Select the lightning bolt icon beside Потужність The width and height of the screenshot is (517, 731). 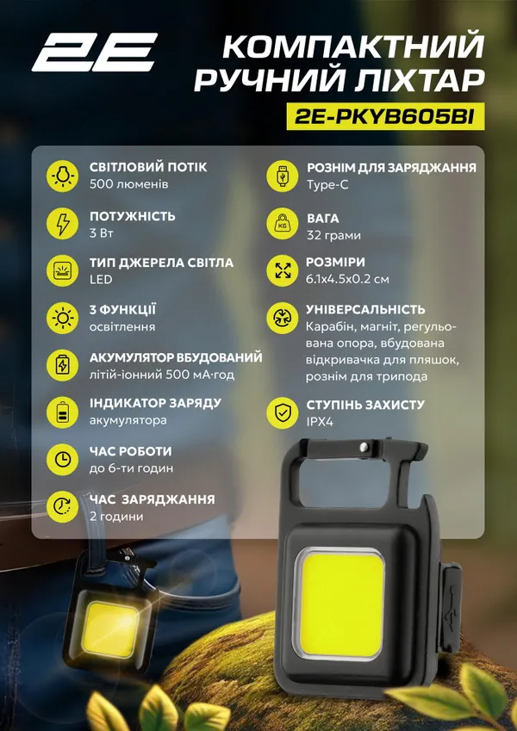tap(61, 224)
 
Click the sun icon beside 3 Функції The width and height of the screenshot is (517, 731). tap(61, 318)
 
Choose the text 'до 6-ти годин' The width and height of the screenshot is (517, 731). tap(131, 468)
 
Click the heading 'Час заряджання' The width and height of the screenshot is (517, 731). tap(152, 499)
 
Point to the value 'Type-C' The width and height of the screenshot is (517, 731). tap(327, 184)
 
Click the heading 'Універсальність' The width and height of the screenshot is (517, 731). tap(365, 309)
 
